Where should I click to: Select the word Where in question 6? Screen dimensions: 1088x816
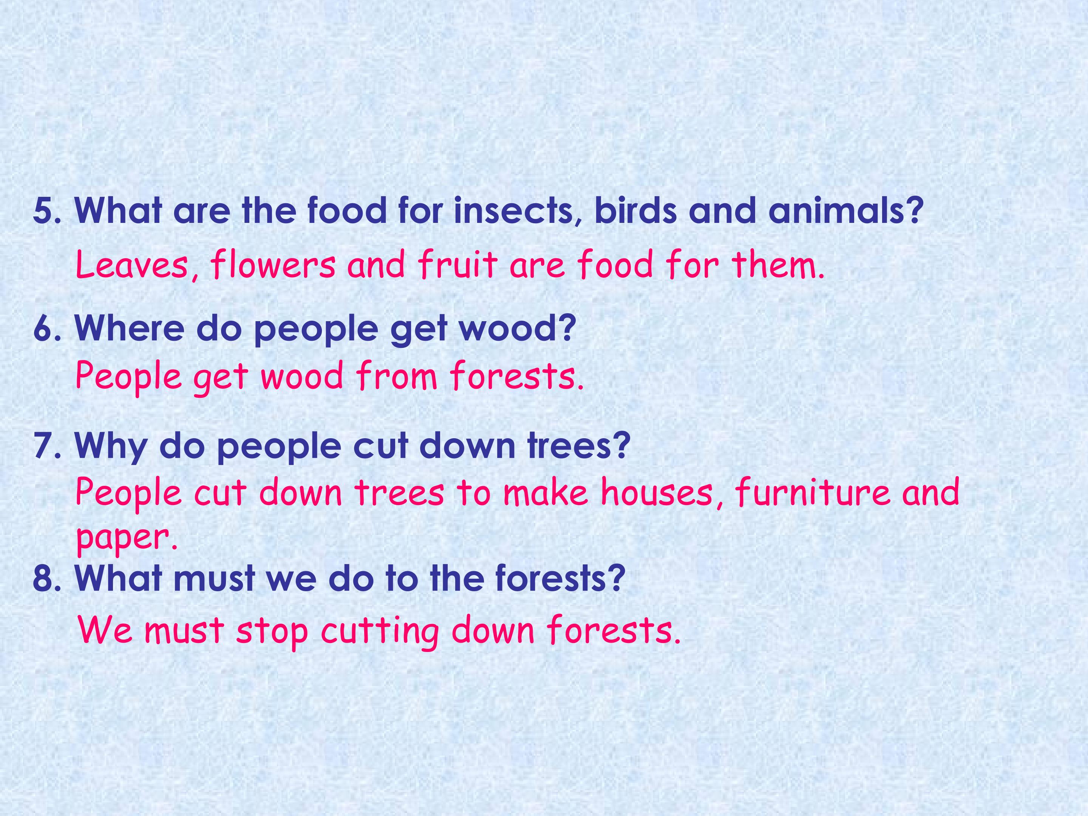129,328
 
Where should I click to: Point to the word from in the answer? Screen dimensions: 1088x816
396,376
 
